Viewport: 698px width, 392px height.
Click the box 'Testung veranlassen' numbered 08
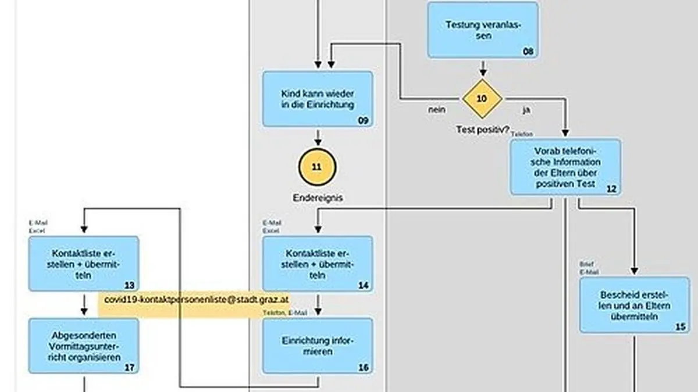(x=483, y=30)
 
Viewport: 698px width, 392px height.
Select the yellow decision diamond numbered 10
(x=482, y=99)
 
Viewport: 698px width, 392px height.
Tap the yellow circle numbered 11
(x=317, y=167)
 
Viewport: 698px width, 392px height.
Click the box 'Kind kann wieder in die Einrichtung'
(x=318, y=99)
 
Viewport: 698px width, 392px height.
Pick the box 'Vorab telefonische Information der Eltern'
(x=565, y=167)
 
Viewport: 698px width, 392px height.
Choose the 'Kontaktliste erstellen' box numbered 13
(x=84, y=264)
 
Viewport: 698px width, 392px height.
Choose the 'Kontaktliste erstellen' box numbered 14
(x=318, y=264)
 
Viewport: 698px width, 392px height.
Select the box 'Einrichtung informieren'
(x=318, y=346)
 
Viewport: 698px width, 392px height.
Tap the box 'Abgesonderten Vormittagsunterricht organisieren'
(x=84, y=346)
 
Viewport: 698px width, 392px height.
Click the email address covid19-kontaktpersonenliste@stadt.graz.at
(x=197, y=300)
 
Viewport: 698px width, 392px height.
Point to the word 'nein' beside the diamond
(x=437, y=109)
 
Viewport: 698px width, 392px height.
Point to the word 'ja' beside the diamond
(x=526, y=109)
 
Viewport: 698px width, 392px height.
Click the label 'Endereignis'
(x=318, y=197)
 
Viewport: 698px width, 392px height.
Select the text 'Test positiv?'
(x=482, y=129)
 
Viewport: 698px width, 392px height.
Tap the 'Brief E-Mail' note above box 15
(x=588, y=268)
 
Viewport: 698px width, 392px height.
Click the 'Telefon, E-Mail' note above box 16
(x=285, y=313)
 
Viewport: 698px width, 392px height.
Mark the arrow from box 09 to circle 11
(x=318, y=138)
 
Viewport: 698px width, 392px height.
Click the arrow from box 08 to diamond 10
(x=483, y=68)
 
